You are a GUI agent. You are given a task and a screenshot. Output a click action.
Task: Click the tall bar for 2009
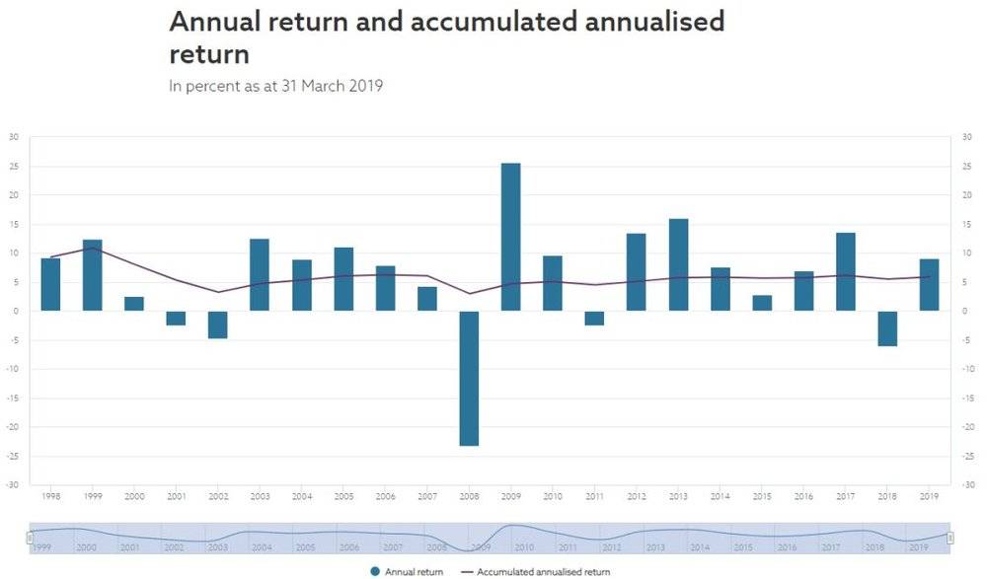pyautogui.click(x=510, y=237)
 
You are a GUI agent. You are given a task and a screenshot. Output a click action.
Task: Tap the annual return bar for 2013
pyautogui.click(x=678, y=264)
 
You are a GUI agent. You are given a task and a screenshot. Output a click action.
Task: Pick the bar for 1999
pyautogui.click(x=92, y=275)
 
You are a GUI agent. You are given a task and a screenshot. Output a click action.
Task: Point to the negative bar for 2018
pyautogui.click(x=887, y=328)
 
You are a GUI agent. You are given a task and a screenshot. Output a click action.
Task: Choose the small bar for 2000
pyautogui.click(x=134, y=304)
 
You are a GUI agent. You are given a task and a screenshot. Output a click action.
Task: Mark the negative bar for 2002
pyautogui.click(x=217, y=325)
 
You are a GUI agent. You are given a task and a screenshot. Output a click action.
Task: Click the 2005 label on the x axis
pyautogui.click(x=343, y=496)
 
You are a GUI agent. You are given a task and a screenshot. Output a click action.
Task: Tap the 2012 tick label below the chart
pyautogui.click(x=636, y=496)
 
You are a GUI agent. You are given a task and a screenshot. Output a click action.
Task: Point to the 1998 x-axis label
pyautogui.click(x=50, y=496)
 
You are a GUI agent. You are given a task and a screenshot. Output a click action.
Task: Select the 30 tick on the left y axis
pyautogui.click(x=13, y=136)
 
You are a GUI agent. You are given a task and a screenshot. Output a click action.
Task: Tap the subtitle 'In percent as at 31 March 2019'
pyautogui.click(x=275, y=86)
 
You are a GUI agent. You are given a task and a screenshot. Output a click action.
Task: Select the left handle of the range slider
pyautogui.click(x=30, y=538)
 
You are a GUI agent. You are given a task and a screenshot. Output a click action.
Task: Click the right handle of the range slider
pyautogui.click(x=949, y=538)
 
